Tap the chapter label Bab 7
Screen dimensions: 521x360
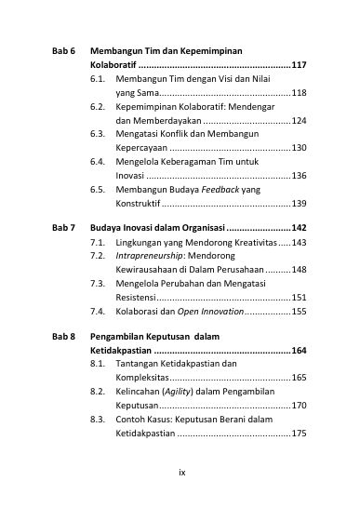[63, 228]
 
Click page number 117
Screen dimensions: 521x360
[299, 67]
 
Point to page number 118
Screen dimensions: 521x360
[299, 94]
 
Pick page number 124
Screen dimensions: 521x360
[299, 121]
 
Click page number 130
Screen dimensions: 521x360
[299, 148]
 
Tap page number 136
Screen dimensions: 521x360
[299, 175]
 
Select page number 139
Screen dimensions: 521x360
[299, 202]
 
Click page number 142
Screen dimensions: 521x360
[299, 228]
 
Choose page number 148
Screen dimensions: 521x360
[299, 269]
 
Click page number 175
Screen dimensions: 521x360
[299, 433]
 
